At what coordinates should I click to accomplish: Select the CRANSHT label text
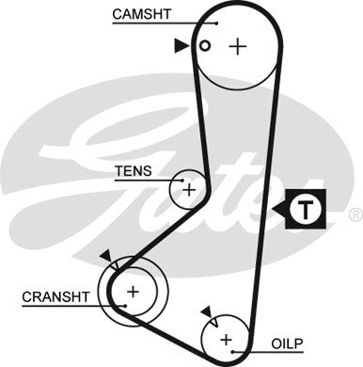tap(55, 296)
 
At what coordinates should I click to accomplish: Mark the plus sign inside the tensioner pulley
tap(189, 189)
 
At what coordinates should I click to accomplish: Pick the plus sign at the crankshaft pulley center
tap(133, 291)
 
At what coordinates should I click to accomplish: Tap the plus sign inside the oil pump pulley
tap(226, 338)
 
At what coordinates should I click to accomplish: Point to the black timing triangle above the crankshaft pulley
tap(103, 255)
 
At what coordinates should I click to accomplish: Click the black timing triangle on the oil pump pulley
tap(205, 311)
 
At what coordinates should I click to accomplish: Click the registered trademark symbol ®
tap(355, 215)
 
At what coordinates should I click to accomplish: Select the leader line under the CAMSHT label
tap(160, 23)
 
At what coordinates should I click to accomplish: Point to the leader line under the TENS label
tap(141, 180)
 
